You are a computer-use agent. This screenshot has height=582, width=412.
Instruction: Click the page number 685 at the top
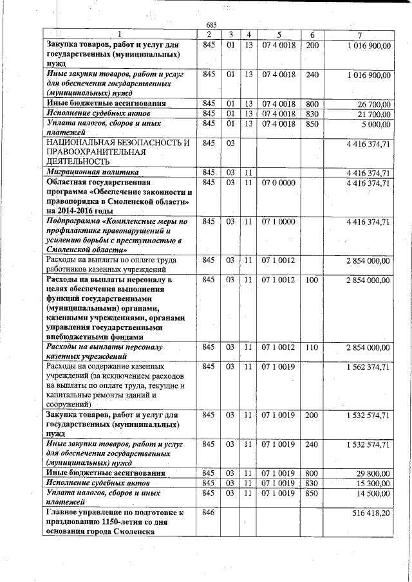click(x=211, y=24)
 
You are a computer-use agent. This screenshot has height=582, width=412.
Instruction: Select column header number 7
click(x=368, y=34)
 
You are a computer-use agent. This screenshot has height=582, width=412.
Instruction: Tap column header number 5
click(x=279, y=34)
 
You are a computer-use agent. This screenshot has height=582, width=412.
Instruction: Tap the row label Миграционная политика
click(x=92, y=173)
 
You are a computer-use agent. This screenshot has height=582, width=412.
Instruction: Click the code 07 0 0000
click(x=279, y=183)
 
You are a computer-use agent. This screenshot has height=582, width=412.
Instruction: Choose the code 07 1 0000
click(x=279, y=222)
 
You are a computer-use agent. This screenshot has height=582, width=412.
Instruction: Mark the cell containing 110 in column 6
click(x=312, y=347)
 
